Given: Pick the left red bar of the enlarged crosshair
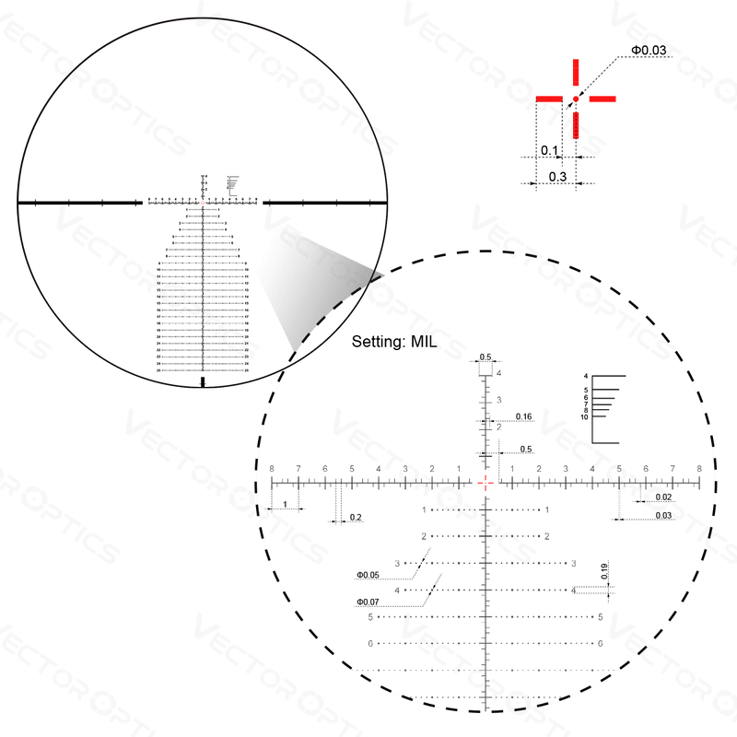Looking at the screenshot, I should tap(550, 97).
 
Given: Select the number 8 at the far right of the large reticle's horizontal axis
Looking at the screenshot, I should tap(699, 468).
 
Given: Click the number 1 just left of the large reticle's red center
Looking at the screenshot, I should tap(459, 468).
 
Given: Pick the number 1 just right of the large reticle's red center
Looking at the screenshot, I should tap(512, 468).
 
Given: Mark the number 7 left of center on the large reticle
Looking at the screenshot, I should tap(298, 468).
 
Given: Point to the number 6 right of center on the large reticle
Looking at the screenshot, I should tap(646, 468).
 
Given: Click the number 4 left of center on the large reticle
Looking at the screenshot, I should tap(379, 468).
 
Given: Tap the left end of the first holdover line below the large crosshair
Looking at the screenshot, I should tap(422, 509).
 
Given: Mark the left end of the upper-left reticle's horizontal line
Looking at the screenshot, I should tap(34, 200).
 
